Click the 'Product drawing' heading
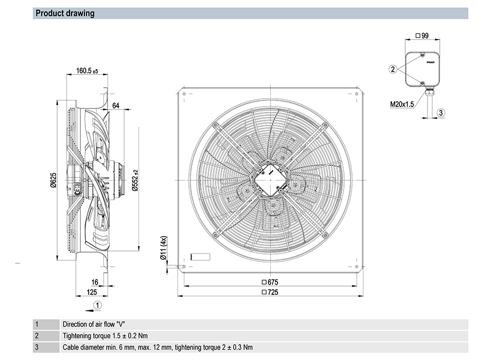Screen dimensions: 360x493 tap(65, 13)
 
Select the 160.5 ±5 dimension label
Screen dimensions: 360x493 tap(87, 72)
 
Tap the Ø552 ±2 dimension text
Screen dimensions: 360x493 tap(135, 181)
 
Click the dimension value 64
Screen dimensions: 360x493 tap(116, 105)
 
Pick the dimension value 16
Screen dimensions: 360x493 tap(95, 282)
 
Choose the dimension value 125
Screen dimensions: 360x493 tap(91, 292)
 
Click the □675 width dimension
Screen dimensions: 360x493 tap(270, 282)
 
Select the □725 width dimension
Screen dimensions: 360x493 tap(270, 292)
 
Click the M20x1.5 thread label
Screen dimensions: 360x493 tap(402, 104)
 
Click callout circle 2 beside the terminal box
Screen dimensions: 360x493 tap(393, 69)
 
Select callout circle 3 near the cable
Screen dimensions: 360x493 tap(441, 112)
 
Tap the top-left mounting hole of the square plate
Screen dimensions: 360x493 tap(184, 94)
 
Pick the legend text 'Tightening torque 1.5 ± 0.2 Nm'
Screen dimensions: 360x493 tap(106, 336)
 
